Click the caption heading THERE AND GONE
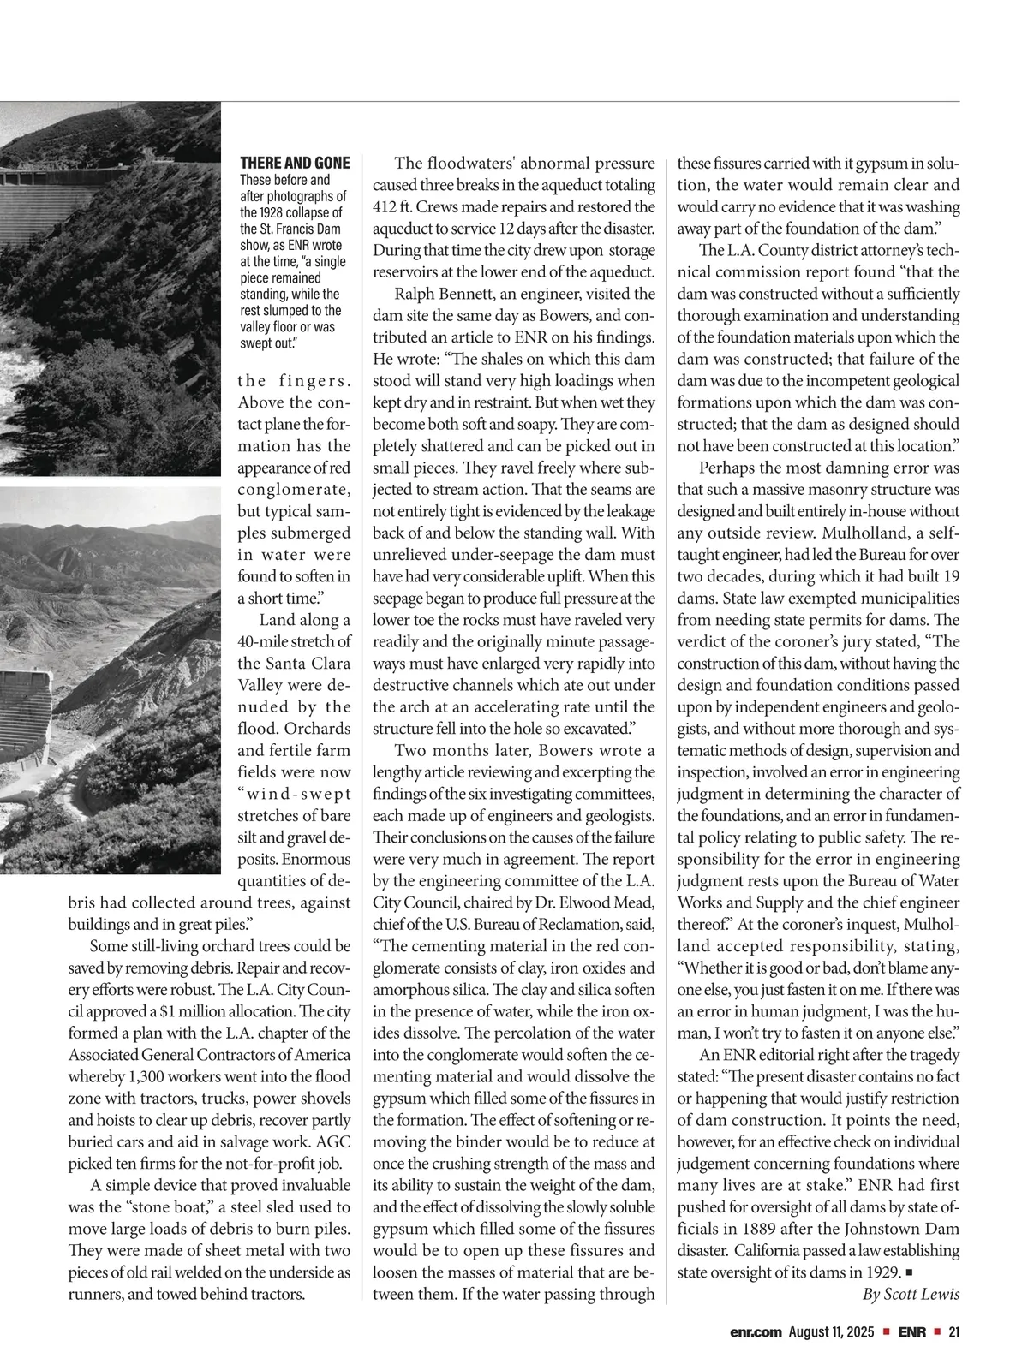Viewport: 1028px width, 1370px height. (295, 163)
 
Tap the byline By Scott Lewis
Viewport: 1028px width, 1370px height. (910, 1294)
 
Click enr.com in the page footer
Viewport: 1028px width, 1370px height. (756, 1332)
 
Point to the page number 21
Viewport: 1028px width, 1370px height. (953, 1332)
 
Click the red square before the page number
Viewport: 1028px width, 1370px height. (937, 1332)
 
